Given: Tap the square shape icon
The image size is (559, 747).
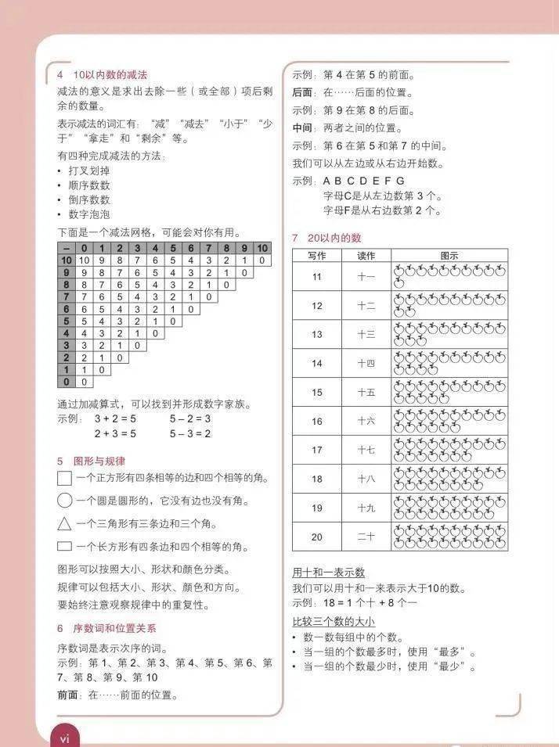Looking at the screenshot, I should click(x=64, y=478).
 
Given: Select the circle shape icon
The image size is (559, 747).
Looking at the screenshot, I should click(x=64, y=501).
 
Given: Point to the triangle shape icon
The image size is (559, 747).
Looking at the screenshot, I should click(x=64, y=523).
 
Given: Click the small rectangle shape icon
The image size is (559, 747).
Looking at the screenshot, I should click(x=64, y=546).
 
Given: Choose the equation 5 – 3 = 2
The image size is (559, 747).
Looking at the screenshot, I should click(x=190, y=433).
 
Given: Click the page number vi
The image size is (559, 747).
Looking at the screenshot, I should click(x=65, y=738).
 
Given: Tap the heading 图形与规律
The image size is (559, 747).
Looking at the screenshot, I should click(x=99, y=461).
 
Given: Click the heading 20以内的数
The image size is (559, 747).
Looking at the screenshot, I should click(x=334, y=238).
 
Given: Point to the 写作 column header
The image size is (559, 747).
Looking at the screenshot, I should click(x=316, y=256).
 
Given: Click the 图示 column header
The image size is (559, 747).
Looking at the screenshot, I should click(x=449, y=256).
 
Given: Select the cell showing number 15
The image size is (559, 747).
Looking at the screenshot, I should click(x=316, y=392).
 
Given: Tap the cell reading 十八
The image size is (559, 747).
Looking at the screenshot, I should click(x=366, y=479).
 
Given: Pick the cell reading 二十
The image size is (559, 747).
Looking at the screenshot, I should click(x=366, y=537).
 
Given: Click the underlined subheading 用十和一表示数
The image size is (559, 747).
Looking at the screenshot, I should click(x=328, y=573).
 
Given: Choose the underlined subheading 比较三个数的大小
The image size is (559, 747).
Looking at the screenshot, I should click(x=333, y=622).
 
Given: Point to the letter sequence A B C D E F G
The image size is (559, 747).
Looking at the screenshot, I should click(x=364, y=181).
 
